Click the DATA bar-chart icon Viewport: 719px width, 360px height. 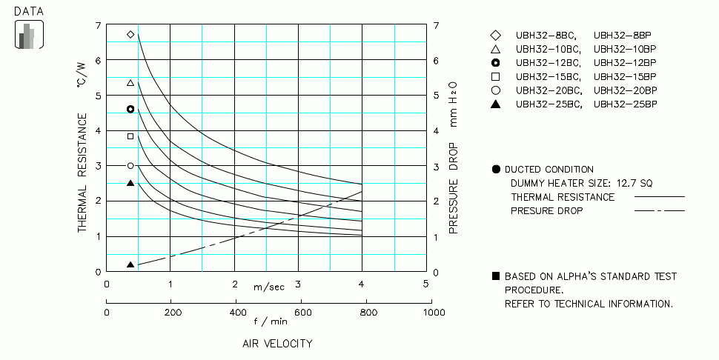pyautogui.click(x=29, y=35)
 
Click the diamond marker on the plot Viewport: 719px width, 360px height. pyautogui.click(x=130, y=34)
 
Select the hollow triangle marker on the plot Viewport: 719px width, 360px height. pyautogui.click(x=130, y=83)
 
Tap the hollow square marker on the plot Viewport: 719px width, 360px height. pyautogui.click(x=130, y=136)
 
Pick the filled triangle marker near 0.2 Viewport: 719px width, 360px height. pyautogui.click(x=130, y=264)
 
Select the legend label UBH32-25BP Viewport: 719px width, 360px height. pyautogui.click(x=625, y=104)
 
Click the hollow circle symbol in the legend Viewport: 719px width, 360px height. pyautogui.click(x=496, y=90)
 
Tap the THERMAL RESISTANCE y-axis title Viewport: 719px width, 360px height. pyautogui.click(x=83, y=173)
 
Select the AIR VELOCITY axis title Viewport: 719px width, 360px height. pyautogui.click(x=277, y=344)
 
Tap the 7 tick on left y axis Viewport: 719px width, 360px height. pyautogui.click(x=98, y=26)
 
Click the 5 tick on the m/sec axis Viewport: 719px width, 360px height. pyautogui.click(x=425, y=284)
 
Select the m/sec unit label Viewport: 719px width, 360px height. pyautogui.click(x=268, y=287)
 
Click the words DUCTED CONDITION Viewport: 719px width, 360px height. pyautogui.click(x=549, y=170)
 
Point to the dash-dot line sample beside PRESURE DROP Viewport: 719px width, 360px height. pyautogui.click(x=659, y=210)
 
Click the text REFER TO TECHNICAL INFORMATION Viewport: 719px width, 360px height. pyautogui.click(x=589, y=304)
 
